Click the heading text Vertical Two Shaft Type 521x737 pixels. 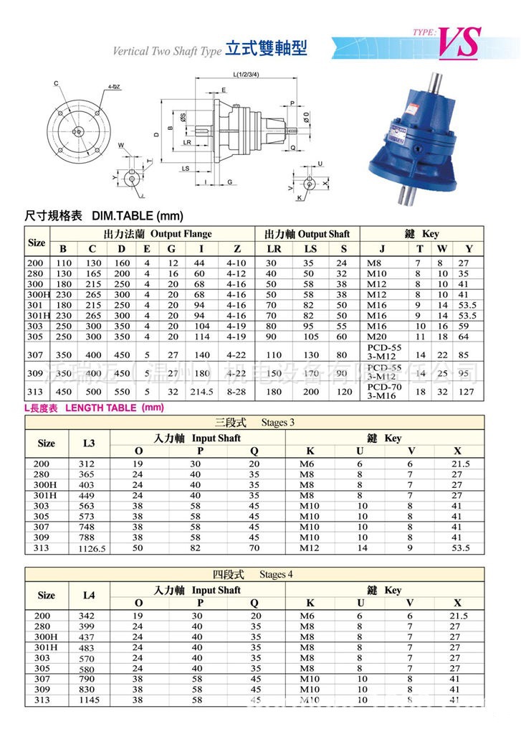[167, 52]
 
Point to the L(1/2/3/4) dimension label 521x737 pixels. [245, 75]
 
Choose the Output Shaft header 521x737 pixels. [307, 234]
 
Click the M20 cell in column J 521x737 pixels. [377, 337]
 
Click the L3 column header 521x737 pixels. [89, 443]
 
